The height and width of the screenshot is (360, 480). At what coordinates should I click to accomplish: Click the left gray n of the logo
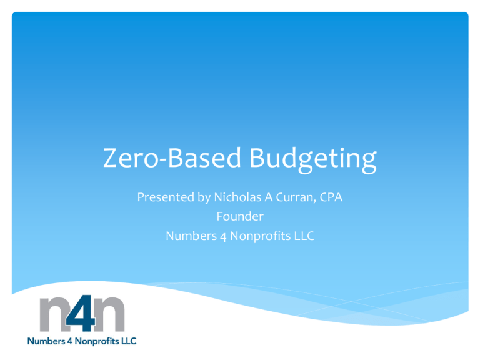click(56, 315)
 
